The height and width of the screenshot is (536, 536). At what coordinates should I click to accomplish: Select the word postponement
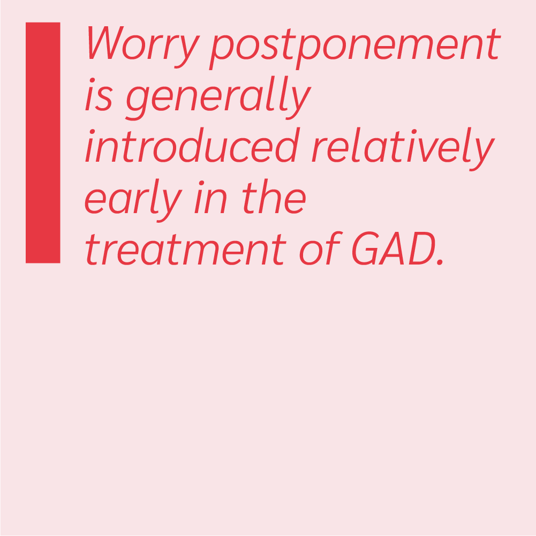click(355, 49)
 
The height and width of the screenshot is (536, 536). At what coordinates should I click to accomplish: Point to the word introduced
click(192, 145)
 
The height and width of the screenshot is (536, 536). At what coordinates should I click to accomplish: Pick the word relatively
click(403, 149)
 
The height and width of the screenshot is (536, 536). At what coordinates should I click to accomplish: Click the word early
click(133, 200)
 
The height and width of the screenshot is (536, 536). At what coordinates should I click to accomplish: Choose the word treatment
click(186, 250)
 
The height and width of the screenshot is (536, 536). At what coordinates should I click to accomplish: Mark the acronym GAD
click(394, 248)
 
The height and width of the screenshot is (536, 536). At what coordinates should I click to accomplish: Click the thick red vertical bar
click(43, 142)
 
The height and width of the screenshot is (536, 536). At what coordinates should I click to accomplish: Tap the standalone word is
click(99, 95)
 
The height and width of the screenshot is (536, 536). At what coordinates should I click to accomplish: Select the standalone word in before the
click(210, 197)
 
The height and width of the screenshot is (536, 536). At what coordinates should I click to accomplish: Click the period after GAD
click(440, 262)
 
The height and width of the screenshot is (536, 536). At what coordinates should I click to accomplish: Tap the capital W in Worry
click(105, 42)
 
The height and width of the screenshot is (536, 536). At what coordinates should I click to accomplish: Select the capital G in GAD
click(365, 248)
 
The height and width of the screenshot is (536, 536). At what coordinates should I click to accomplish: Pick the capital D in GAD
click(422, 248)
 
